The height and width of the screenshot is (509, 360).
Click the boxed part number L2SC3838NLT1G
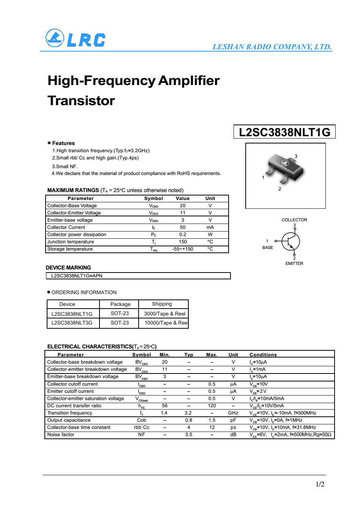click(284, 132)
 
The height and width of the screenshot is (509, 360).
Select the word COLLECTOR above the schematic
click(294, 220)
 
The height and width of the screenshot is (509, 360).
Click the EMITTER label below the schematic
click(294, 263)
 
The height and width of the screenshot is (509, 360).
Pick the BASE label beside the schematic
click(268, 247)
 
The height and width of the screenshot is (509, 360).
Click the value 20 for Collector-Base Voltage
click(183, 206)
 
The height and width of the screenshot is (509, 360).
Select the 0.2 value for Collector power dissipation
click(183, 235)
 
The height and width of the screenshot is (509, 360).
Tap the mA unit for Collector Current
click(210, 227)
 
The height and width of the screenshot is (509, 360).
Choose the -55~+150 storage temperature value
click(183, 249)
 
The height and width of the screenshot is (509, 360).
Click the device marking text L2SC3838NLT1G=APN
click(77, 276)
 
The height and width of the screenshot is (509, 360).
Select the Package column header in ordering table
click(120, 304)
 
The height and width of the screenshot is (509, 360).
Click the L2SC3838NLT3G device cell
click(72, 323)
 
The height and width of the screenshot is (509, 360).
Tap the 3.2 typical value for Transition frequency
click(188, 413)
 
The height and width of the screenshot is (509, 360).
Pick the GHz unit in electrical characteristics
click(233, 413)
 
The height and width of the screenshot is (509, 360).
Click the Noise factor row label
click(61, 435)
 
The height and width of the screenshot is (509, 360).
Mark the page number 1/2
click(320, 484)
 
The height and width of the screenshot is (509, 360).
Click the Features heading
click(63, 143)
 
